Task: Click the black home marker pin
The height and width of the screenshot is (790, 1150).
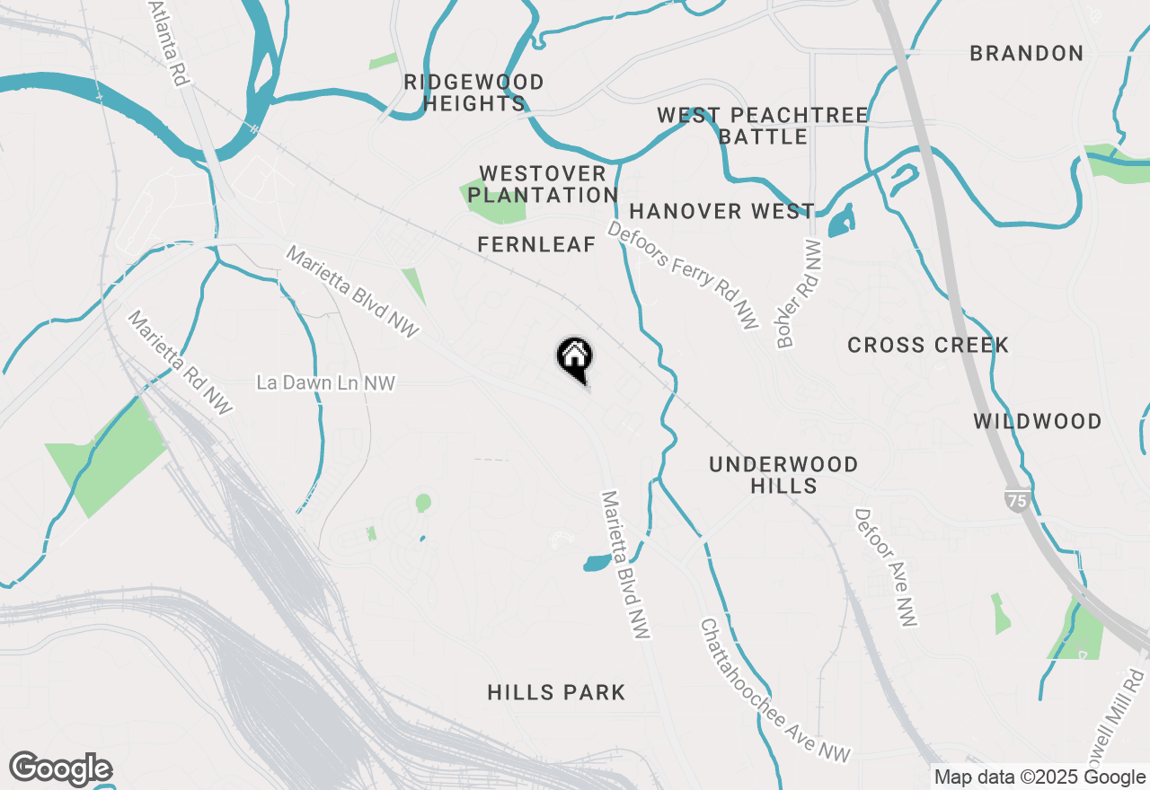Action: [x=574, y=358]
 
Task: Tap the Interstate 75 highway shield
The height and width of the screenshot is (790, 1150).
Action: [x=1017, y=500]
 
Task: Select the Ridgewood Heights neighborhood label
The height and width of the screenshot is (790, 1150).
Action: [x=473, y=93]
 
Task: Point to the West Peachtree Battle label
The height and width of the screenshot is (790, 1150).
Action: [x=763, y=126]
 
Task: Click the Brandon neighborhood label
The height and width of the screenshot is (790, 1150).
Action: [x=1026, y=54]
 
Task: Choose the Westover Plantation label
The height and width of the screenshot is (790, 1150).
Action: [x=543, y=184]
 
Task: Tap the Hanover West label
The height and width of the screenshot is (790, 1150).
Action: [x=722, y=212]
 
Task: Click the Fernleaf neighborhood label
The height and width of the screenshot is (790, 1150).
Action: [x=536, y=244]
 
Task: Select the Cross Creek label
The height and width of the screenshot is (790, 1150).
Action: [x=928, y=345]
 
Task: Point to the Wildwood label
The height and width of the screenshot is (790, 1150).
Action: [x=1038, y=421]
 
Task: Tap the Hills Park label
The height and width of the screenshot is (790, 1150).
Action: [x=556, y=692]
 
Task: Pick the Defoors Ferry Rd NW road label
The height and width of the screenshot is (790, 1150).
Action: [x=684, y=275]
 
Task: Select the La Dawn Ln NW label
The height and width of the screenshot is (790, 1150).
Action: [x=325, y=383]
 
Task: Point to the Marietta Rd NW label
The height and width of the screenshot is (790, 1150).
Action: [x=180, y=363]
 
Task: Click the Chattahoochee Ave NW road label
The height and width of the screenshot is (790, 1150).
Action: [x=774, y=691]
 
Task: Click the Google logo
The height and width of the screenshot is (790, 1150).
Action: [x=60, y=769]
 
